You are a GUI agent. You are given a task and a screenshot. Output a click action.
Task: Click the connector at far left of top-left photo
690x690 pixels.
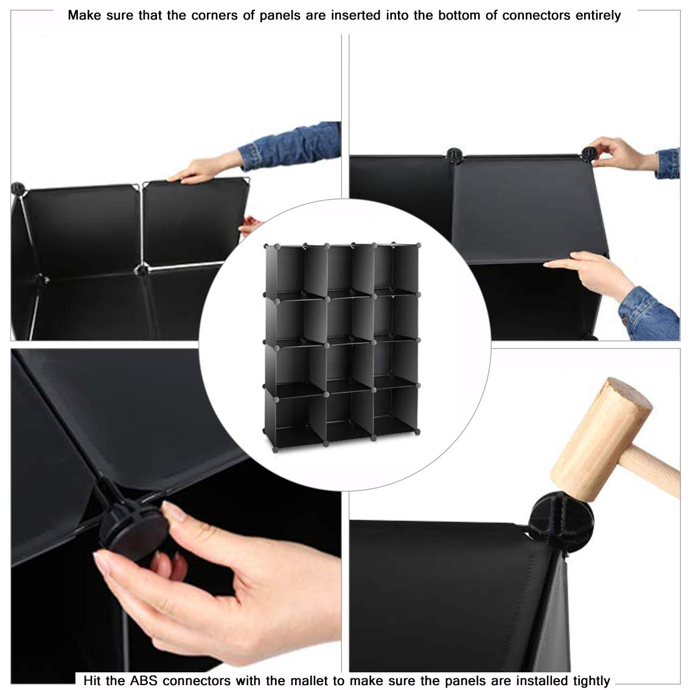[18, 188]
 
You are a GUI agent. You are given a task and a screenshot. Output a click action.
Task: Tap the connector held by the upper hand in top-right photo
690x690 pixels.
[588, 154]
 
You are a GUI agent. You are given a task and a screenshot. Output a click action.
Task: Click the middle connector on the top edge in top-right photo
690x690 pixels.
[454, 155]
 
